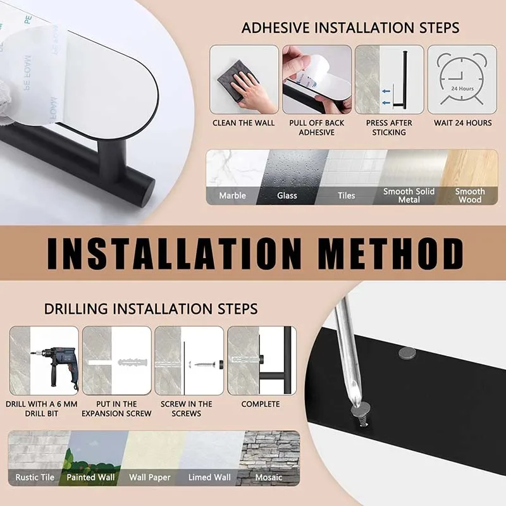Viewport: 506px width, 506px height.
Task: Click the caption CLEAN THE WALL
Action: click(244, 123)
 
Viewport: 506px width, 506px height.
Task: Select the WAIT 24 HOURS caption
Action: click(463, 123)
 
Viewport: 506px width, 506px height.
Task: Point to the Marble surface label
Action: click(232, 195)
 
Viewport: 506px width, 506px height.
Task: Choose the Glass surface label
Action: click(287, 195)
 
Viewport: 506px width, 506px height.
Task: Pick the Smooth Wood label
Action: click(470, 195)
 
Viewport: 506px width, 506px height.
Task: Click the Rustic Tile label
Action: click(35, 478)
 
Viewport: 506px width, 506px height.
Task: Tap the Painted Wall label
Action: click(90, 478)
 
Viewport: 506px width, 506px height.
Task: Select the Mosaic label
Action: click(268, 478)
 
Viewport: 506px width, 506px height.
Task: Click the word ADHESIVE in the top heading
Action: click(275, 28)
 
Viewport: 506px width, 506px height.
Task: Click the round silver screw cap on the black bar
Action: click(407, 354)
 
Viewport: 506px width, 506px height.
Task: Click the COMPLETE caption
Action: click(261, 404)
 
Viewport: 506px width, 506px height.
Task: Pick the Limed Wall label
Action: click(209, 478)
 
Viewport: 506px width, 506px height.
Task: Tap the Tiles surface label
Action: click(346, 195)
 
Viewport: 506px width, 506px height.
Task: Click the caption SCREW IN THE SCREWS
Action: click(186, 409)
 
